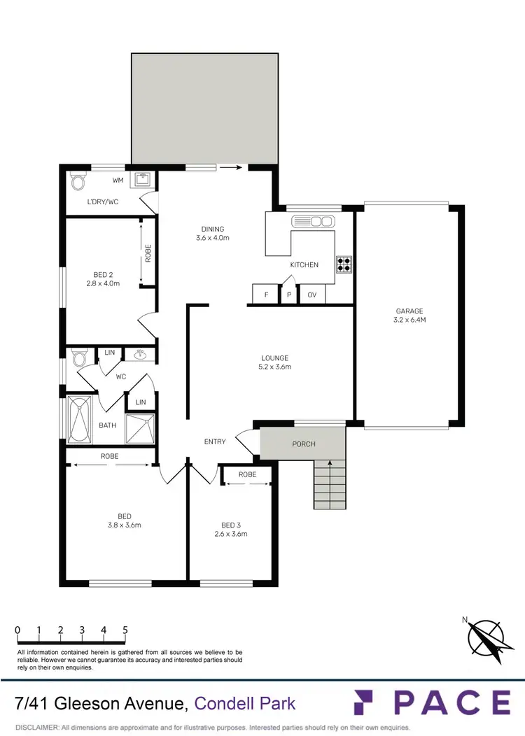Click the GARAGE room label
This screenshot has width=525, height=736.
pyautogui.click(x=409, y=311)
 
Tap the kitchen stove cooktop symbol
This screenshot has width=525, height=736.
pyautogui.click(x=344, y=264)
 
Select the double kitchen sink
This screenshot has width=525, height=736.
pyautogui.click(x=313, y=222)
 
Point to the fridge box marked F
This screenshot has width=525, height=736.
pyautogui.click(x=266, y=295)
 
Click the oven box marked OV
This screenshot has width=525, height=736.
pyautogui.click(x=312, y=295)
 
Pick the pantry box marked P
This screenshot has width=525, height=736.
pyautogui.click(x=288, y=295)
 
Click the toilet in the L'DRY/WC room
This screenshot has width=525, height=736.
pyautogui.click(x=78, y=183)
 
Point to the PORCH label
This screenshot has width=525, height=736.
pyautogui.click(x=304, y=444)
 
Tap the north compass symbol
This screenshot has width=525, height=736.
pyautogui.click(x=486, y=637)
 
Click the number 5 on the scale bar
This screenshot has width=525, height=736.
pyautogui.click(x=125, y=630)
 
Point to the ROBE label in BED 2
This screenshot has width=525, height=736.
pyautogui.click(x=148, y=253)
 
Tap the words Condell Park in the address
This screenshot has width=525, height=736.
pyautogui.click(x=245, y=703)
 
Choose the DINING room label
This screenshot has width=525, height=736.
pyautogui.click(x=213, y=229)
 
